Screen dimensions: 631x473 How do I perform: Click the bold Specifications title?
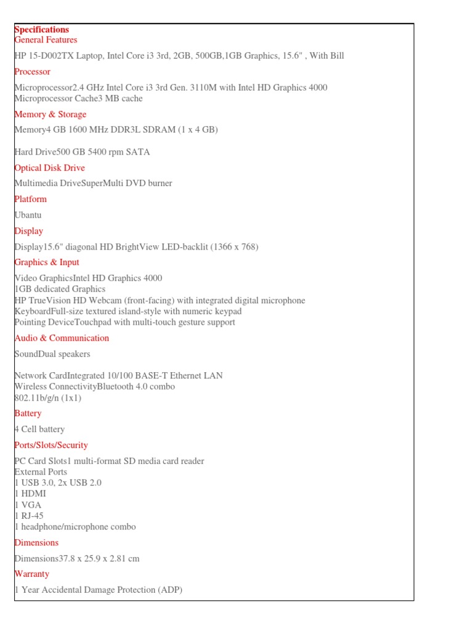click(x=42, y=30)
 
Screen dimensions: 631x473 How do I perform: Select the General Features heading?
click(x=46, y=40)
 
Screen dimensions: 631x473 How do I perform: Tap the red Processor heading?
click(x=32, y=72)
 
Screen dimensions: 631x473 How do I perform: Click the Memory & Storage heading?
click(x=50, y=115)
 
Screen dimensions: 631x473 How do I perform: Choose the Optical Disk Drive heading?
click(x=49, y=168)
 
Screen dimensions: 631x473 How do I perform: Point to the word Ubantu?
click(x=28, y=215)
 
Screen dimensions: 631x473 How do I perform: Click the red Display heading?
click(x=28, y=232)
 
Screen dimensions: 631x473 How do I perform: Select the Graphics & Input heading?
click(x=47, y=263)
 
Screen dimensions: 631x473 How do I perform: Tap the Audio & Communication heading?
click(x=62, y=338)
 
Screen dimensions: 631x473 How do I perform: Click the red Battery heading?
click(x=28, y=413)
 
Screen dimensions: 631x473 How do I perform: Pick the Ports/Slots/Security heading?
click(x=51, y=446)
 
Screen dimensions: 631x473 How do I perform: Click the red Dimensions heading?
click(x=36, y=543)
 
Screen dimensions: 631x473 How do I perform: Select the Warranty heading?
click(x=31, y=574)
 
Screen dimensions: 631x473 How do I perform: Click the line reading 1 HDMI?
click(x=30, y=494)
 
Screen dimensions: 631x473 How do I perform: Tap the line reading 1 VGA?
click(x=28, y=505)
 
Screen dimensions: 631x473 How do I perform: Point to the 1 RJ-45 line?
click(x=29, y=516)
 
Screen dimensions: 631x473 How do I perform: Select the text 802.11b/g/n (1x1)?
click(x=47, y=398)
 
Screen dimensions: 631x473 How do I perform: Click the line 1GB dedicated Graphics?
click(x=60, y=289)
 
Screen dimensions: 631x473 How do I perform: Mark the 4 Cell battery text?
click(x=39, y=429)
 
